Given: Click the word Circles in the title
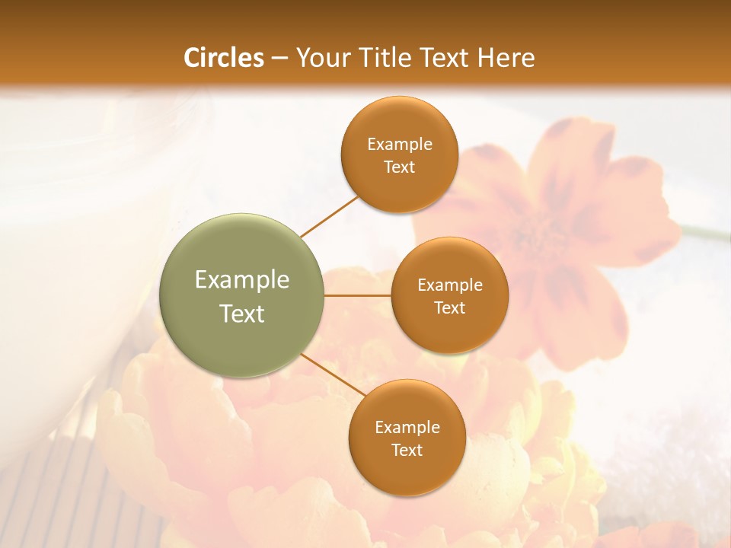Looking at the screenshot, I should tap(224, 58).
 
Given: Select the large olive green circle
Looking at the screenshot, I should tap(241, 295).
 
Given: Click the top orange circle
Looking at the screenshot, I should tap(399, 155).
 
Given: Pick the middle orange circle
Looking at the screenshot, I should tap(449, 295).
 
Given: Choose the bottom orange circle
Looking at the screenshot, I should tap(407, 438).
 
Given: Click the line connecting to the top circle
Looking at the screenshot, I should tap(330, 216).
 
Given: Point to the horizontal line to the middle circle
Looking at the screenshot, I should tap(357, 295).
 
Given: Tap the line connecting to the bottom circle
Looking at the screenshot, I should tap(334, 375).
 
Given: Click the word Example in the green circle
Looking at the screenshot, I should tap(241, 279).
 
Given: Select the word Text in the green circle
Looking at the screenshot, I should tap(241, 314).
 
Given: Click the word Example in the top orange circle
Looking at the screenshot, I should tap(399, 144).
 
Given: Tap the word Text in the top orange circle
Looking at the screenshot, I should tap(399, 167).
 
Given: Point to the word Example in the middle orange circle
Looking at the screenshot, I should tap(449, 285).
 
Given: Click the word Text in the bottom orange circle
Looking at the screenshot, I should tap(407, 450).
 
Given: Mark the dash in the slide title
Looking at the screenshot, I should tap(279, 59).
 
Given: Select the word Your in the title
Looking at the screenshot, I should tap(320, 58).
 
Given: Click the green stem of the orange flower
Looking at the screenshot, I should tap(704, 231).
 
